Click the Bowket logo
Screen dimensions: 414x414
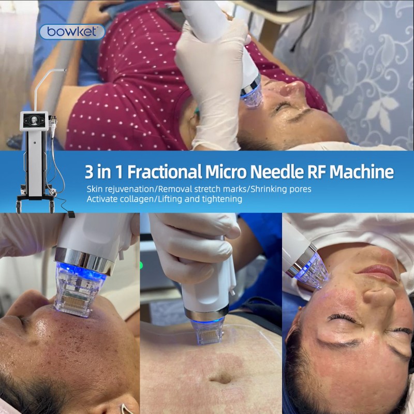coord(72,32)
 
